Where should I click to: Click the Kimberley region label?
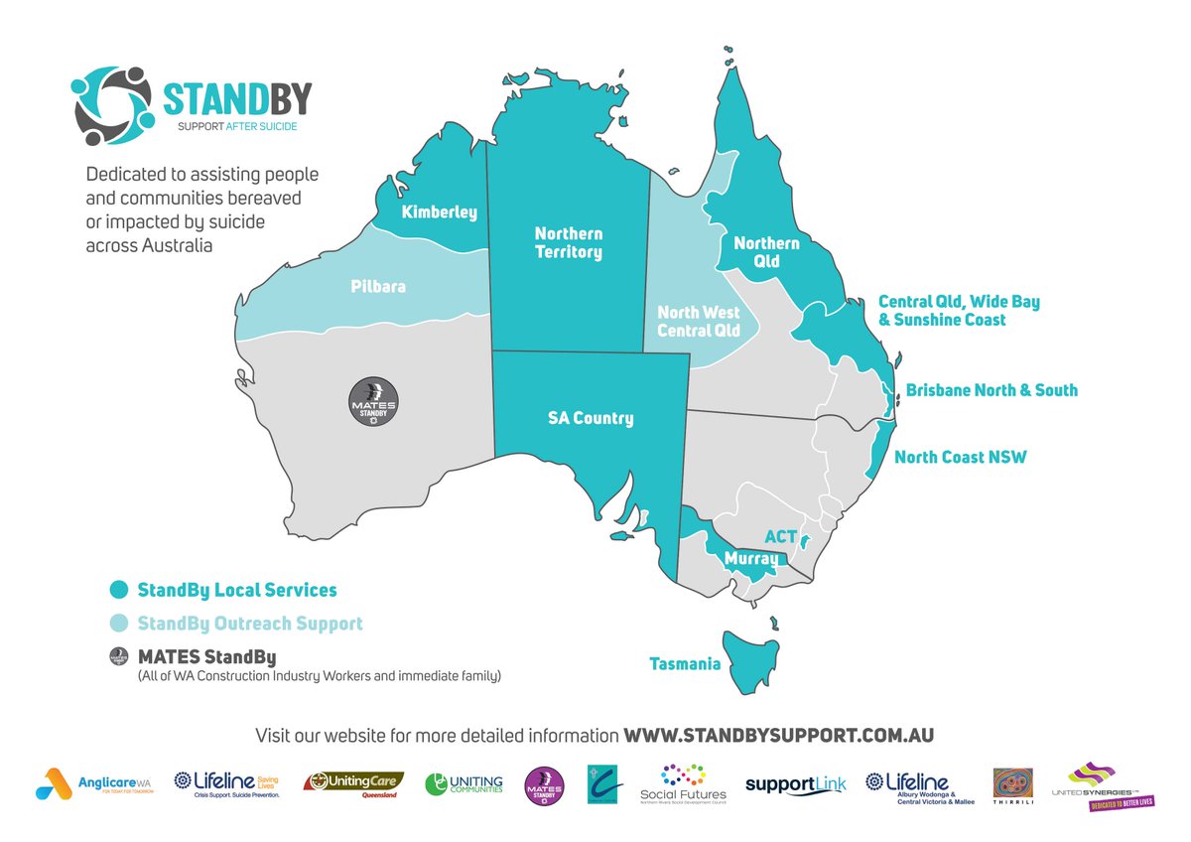coord(439,212)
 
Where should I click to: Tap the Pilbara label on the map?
coord(378,286)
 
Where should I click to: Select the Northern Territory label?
coord(568,242)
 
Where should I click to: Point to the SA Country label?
coord(590,418)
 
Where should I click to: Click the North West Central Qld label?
coord(699,321)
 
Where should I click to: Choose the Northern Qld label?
coord(765,252)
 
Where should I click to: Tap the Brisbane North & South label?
coord(992,390)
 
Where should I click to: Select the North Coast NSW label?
coord(960,458)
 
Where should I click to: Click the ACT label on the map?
coord(780,536)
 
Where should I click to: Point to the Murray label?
coord(750,559)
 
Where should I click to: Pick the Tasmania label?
coord(685,663)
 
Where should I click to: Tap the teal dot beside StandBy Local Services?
coord(119,590)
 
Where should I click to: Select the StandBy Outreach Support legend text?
coord(250,624)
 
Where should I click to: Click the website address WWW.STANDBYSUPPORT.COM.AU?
coord(778,736)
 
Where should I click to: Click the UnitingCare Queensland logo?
coord(353,784)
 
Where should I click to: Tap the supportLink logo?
coord(795,784)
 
